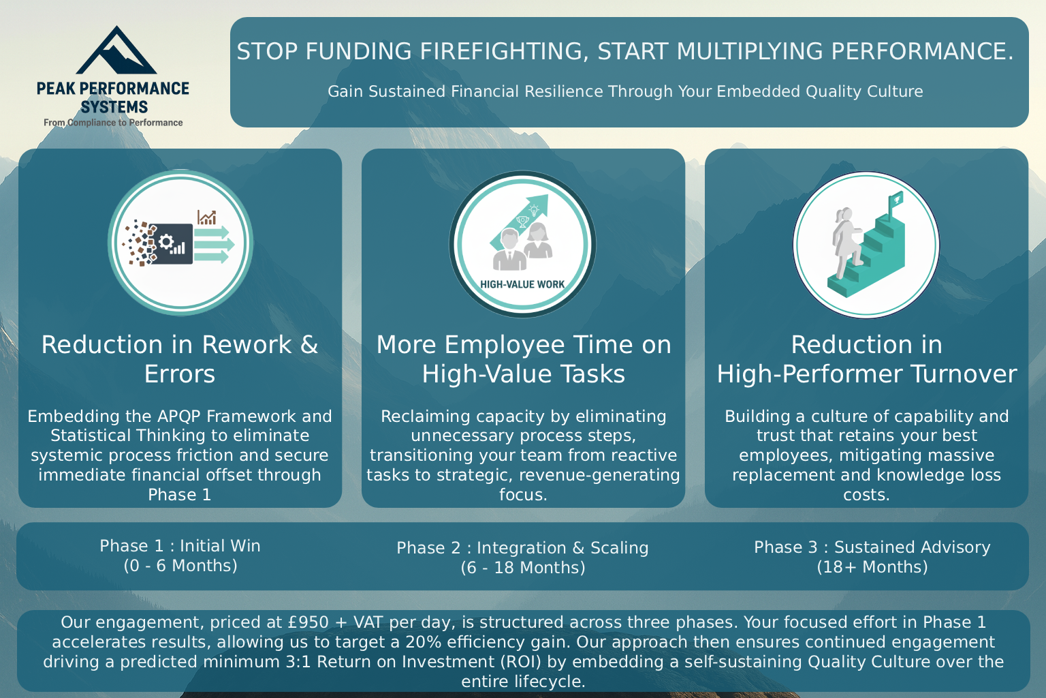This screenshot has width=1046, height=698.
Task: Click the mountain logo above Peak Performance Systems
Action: pyautogui.click(x=116, y=52)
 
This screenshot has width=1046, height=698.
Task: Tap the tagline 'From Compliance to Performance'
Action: pyautogui.click(x=113, y=123)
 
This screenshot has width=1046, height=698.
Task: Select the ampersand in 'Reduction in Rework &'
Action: pyautogui.click(x=309, y=345)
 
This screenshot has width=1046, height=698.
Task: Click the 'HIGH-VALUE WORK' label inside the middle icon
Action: pyautogui.click(x=522, y=284)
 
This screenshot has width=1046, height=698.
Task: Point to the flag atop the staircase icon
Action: pyautogui.click(x=895, y=199)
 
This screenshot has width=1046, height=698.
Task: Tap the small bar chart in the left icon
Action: pyautogui.click(x=206, y=217)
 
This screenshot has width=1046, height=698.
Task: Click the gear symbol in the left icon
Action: pyautogui.click(x=166, y=241)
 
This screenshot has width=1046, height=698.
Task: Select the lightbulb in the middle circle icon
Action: pyautogui.click(x=535, y=209)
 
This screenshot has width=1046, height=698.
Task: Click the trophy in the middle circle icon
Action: pyautogui.click(x=522, y=222)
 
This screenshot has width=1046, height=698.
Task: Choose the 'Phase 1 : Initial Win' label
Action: pyautogui.click(x=180, y=546)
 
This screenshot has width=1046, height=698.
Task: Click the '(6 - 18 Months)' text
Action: pyautogui.click(x=522, y=568)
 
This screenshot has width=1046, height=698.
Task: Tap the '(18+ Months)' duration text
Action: pyautogui.click(x=872, y=567)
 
